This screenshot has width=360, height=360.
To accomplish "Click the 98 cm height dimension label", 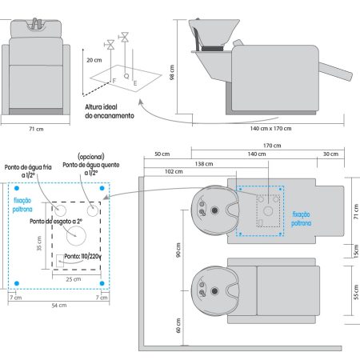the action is click(172, 72).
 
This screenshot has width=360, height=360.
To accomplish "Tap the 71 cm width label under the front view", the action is click(36, 129).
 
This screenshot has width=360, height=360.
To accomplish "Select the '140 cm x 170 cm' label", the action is click(270, 128).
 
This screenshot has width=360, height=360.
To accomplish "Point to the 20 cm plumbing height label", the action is click(94, 60).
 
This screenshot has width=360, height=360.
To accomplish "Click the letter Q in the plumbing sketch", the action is click(126, 76).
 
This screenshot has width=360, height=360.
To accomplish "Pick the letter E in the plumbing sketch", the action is click(135, 83).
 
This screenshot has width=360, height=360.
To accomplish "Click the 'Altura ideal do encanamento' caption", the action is click(110, 111).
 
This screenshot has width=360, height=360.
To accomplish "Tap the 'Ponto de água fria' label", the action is click(28, 167).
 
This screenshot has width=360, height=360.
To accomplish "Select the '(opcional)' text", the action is click(91, 157).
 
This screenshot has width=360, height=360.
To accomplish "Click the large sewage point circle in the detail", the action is click(76, 236).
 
